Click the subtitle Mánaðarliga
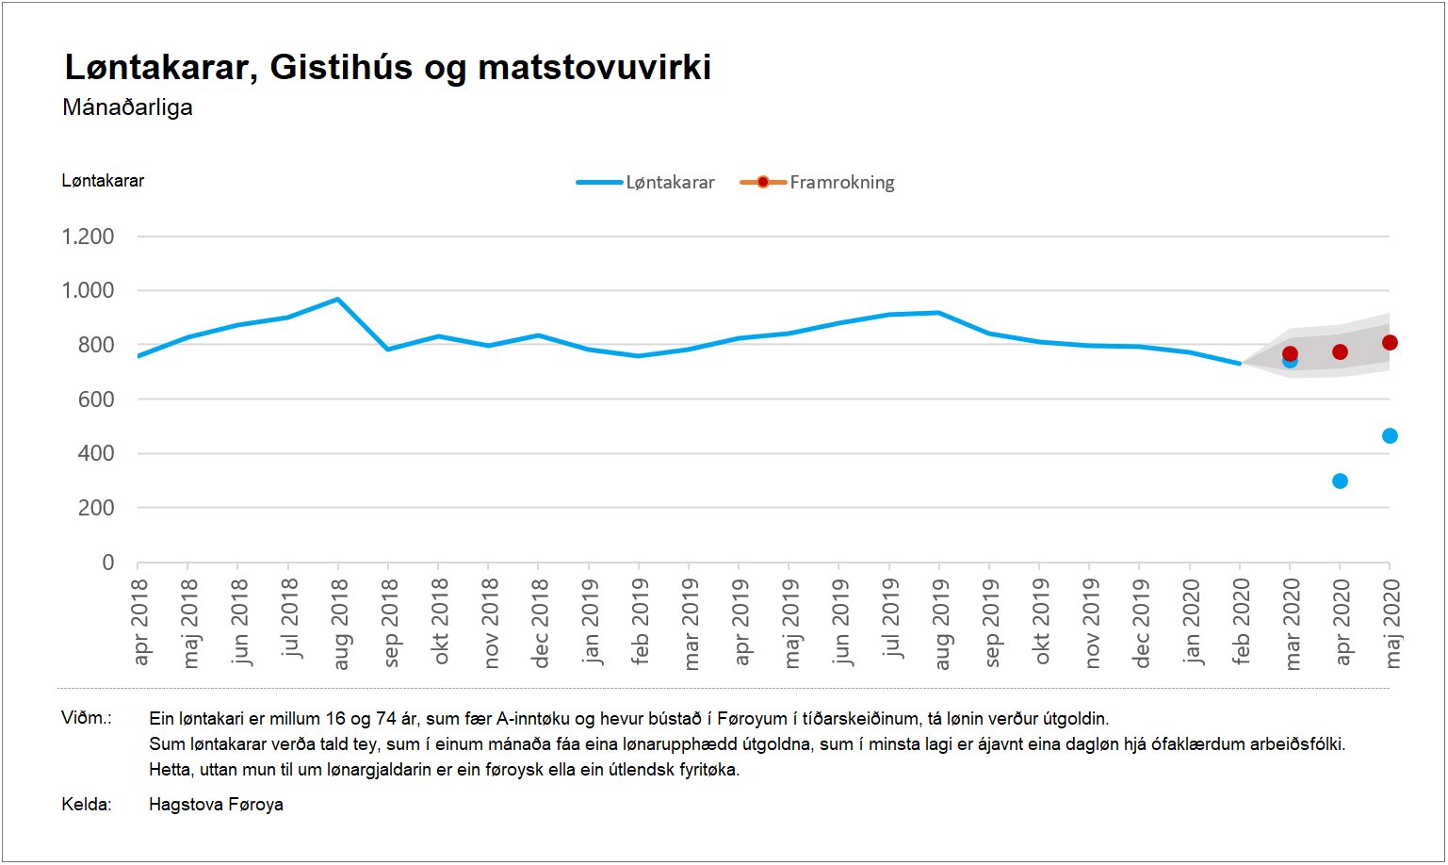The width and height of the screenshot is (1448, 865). (x=127, y=107)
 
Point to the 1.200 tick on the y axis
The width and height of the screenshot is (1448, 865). (x=88, y=237)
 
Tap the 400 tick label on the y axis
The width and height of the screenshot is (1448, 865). (x=95, y=453)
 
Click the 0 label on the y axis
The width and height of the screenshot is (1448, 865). (x=107, y=563)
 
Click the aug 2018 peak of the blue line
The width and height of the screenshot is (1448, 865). (x=338, y=300)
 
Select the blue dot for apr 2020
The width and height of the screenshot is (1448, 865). (x=1340, y=481)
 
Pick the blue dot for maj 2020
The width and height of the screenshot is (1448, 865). (x=1390, y=435)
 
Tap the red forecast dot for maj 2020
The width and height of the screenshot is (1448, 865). (x=1390, y=343)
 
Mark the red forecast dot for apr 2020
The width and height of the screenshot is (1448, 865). (x=1340, y=352)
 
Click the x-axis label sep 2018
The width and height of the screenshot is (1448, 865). (x=388, y=623)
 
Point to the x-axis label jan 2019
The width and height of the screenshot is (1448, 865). (x=589, y=622)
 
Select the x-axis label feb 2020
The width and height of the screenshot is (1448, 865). (x=1241, y=622)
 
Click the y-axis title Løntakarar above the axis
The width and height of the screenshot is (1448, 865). (x=103, y=181)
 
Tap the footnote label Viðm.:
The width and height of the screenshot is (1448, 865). (x=87, y=718)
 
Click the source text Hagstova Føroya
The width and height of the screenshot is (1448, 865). (x=216, y=805)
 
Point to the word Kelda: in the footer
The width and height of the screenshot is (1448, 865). (x=87, y=805)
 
